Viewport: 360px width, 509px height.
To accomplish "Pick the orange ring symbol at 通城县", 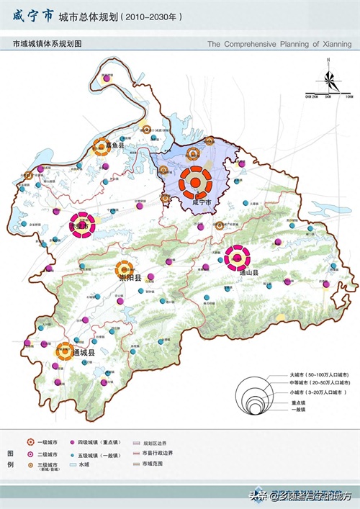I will pyautogui.click(x=64, y=351).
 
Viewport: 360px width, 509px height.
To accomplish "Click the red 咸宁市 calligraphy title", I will pyautogui.click(x=33, y=16).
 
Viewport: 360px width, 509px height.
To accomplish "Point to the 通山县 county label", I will pyautogui.click(x=249, y=274).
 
